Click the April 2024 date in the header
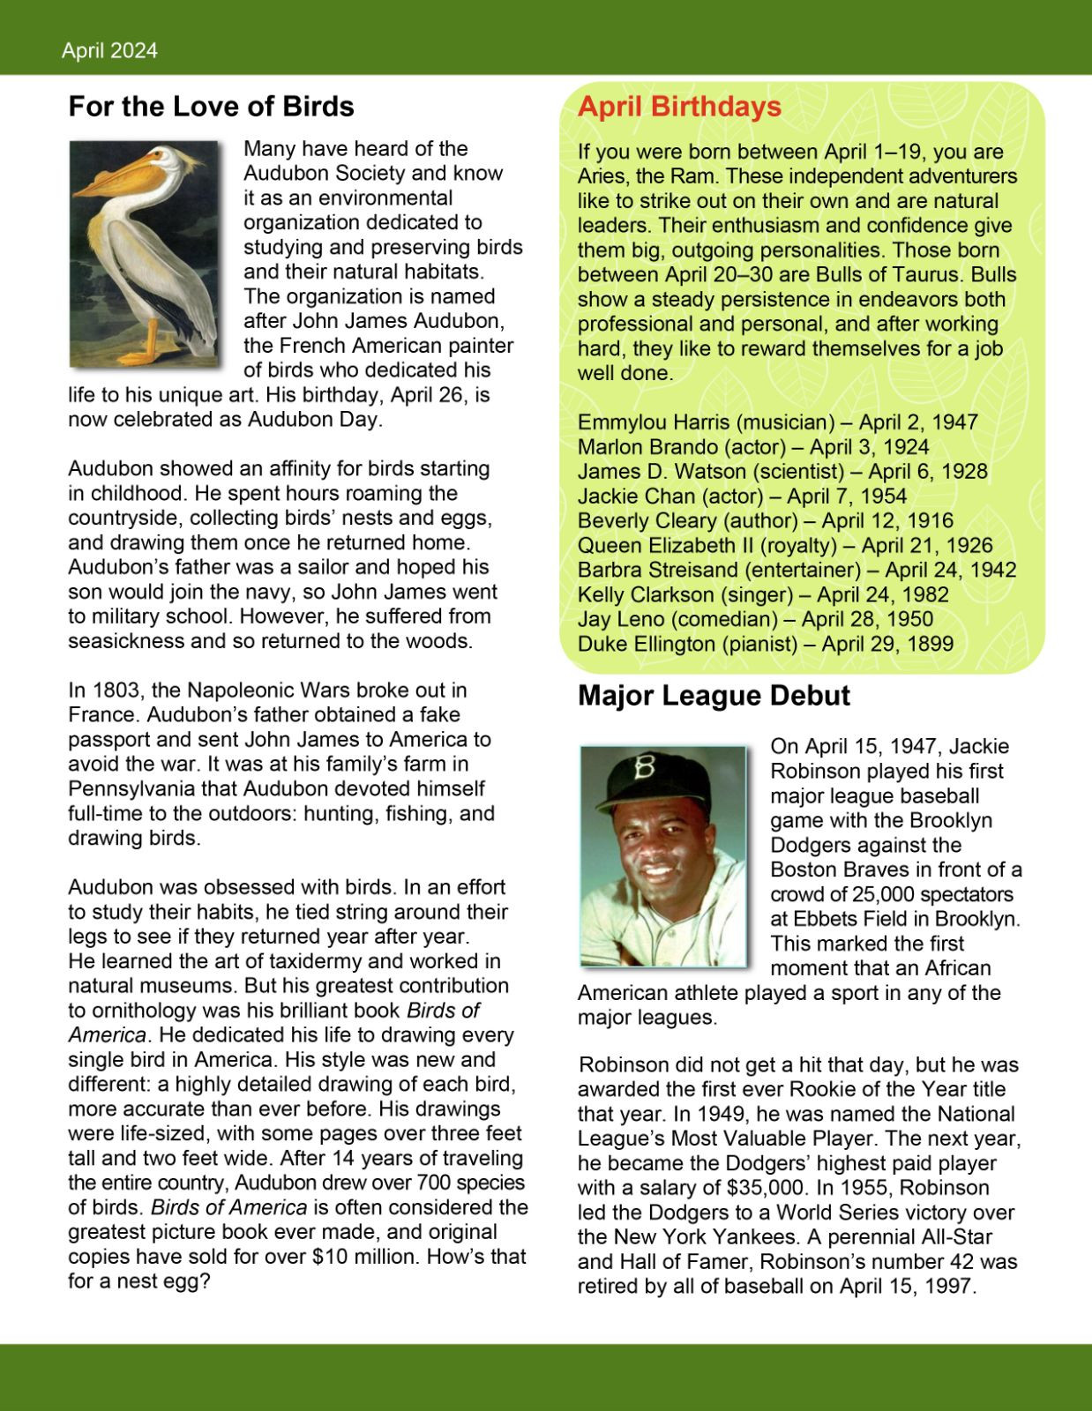(x=109, y=51)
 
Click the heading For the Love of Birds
(x=211, y=107)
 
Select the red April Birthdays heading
(x=679, y=107)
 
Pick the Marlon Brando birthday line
(x=752, y=447)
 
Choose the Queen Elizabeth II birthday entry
(x=784, y=546)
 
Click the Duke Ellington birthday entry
(x=765, y=645)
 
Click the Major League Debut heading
(x=714, y=696)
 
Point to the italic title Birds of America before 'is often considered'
(x=228, y=1207)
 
